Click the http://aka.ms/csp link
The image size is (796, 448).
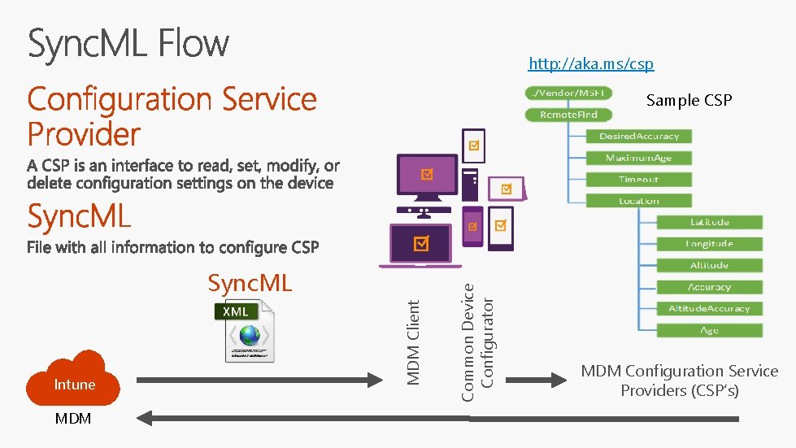pyautogui.click(x=590, y=63)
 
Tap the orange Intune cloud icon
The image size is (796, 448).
pyautogui.click(x=74, y=378)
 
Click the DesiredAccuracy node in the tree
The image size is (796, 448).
pyautogui.click(x=639, y=136)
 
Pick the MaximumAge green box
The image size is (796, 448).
pyautogui.click(x=639, y=158)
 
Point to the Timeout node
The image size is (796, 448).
pyautogui.click(x=639, y=179)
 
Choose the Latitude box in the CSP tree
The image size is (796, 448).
pyautogui.click(x=709, y=222)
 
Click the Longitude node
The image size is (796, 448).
pyautogui.click(x=709, y=243)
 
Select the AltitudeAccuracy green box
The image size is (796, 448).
pyautogui.click(x=709, y=308)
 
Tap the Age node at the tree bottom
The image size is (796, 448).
pyautogui.click(x=709, y=330)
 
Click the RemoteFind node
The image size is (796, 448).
pyautogui.click(x=569, y=115)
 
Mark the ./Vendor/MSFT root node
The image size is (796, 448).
pyautogui.click(x=569, y=93)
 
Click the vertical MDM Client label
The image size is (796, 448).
pyautogui.click(x=414, y=342)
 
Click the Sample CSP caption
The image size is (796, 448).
pyautogui.click(x=689, y=100)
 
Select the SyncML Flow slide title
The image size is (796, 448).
pyautogui.click(x=128, y=44)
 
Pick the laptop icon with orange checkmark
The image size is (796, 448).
pyautogui.click(x=421, y=244)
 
